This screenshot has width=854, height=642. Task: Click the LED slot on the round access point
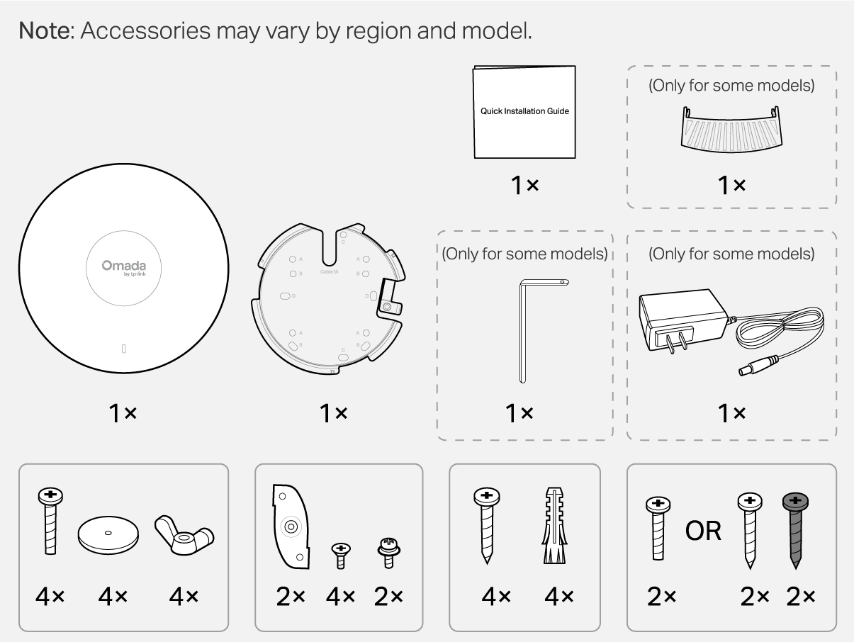click(123, 349)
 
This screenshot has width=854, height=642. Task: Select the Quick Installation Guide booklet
click(524, 111)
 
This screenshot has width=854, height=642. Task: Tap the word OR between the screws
click(703, 529)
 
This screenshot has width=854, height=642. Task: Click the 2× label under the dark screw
click(801, 597)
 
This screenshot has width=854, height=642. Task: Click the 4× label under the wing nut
click(184, 597)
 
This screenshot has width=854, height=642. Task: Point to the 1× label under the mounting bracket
click(333, 413)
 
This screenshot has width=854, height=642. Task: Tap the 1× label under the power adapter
click(731, 413)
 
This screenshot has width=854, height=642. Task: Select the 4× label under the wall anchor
click(559, 597)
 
